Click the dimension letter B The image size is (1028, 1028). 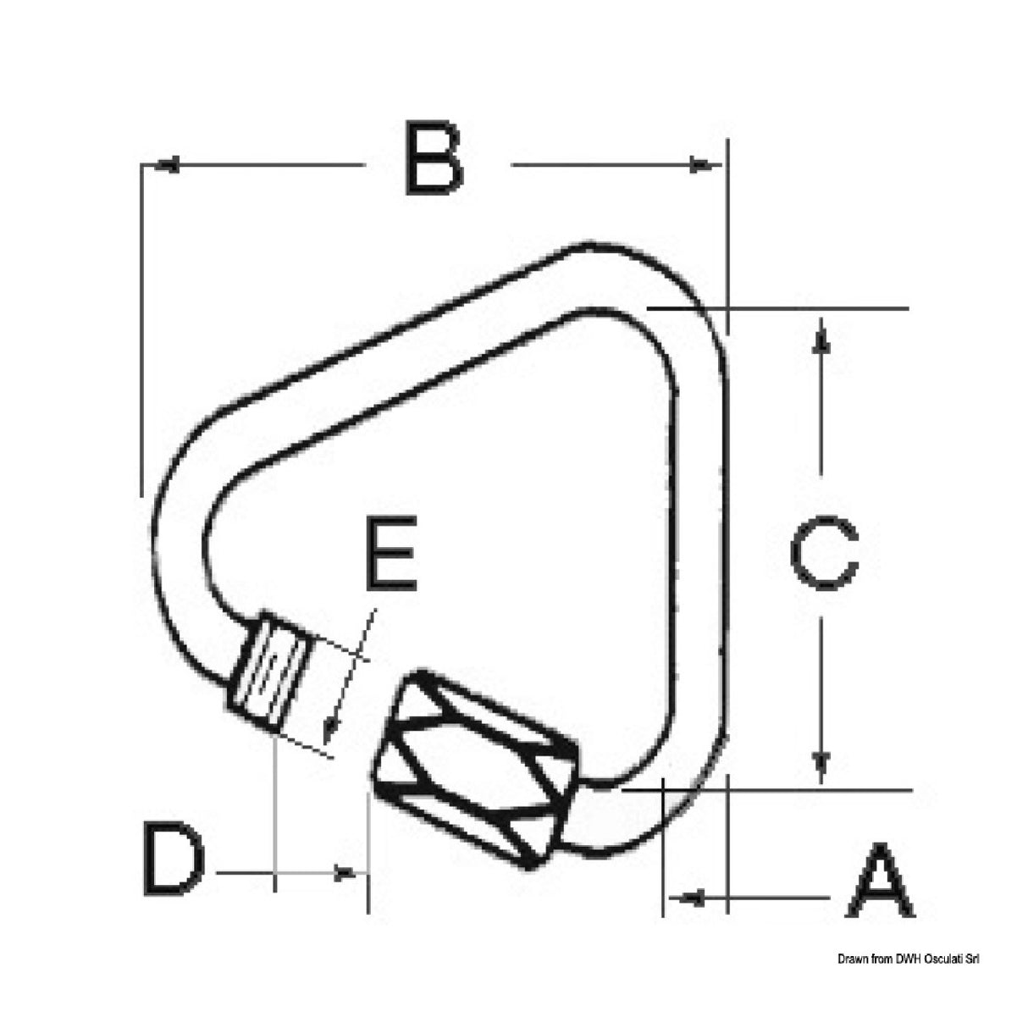(434, 159)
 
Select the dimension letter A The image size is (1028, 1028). (881, 881)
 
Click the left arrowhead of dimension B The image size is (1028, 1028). (166, 165)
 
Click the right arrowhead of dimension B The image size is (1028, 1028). (701, 165)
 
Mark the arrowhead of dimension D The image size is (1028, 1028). (345, 871)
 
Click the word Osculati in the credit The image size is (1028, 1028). (937, 959)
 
